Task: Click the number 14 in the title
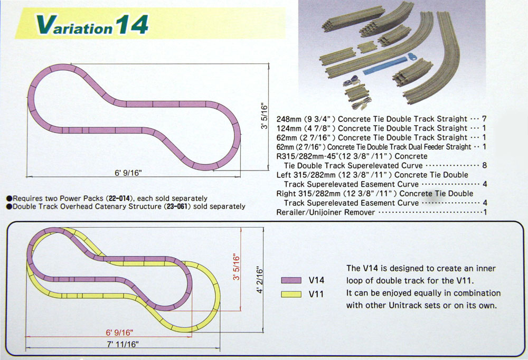point(130,24)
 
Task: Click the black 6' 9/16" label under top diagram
point(125,173)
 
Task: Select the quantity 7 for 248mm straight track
point(484,119)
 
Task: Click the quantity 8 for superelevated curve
point(484,165)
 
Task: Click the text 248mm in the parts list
point(288,119)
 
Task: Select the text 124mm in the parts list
point(288,128)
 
